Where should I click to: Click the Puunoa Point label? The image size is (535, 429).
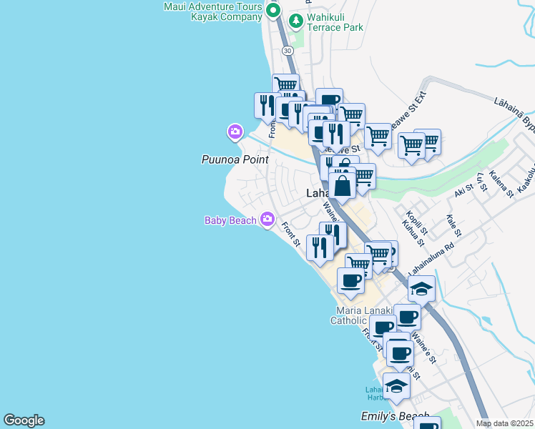(x=235, y=159)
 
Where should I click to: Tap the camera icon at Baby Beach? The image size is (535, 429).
(x=267, y=219)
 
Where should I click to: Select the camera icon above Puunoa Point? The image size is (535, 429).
(x=235, y=132)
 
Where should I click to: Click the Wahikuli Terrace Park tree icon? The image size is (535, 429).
(x=295, y=21)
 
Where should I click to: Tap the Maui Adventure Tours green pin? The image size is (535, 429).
(x=273, y=11)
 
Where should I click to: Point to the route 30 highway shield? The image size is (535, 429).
(x=287, y=51)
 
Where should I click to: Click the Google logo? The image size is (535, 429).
(x=24, y=420)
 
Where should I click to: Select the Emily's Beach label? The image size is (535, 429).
(x=395, y=417)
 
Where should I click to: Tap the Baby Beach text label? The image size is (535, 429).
(x=230, y=220)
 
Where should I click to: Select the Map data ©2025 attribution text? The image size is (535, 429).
(x=504, y=423)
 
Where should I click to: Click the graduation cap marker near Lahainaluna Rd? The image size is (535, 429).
(x=421, y=289)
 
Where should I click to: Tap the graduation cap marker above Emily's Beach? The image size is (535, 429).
(x=396, y=386)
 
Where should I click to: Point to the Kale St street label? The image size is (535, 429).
(x=452, y=226)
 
